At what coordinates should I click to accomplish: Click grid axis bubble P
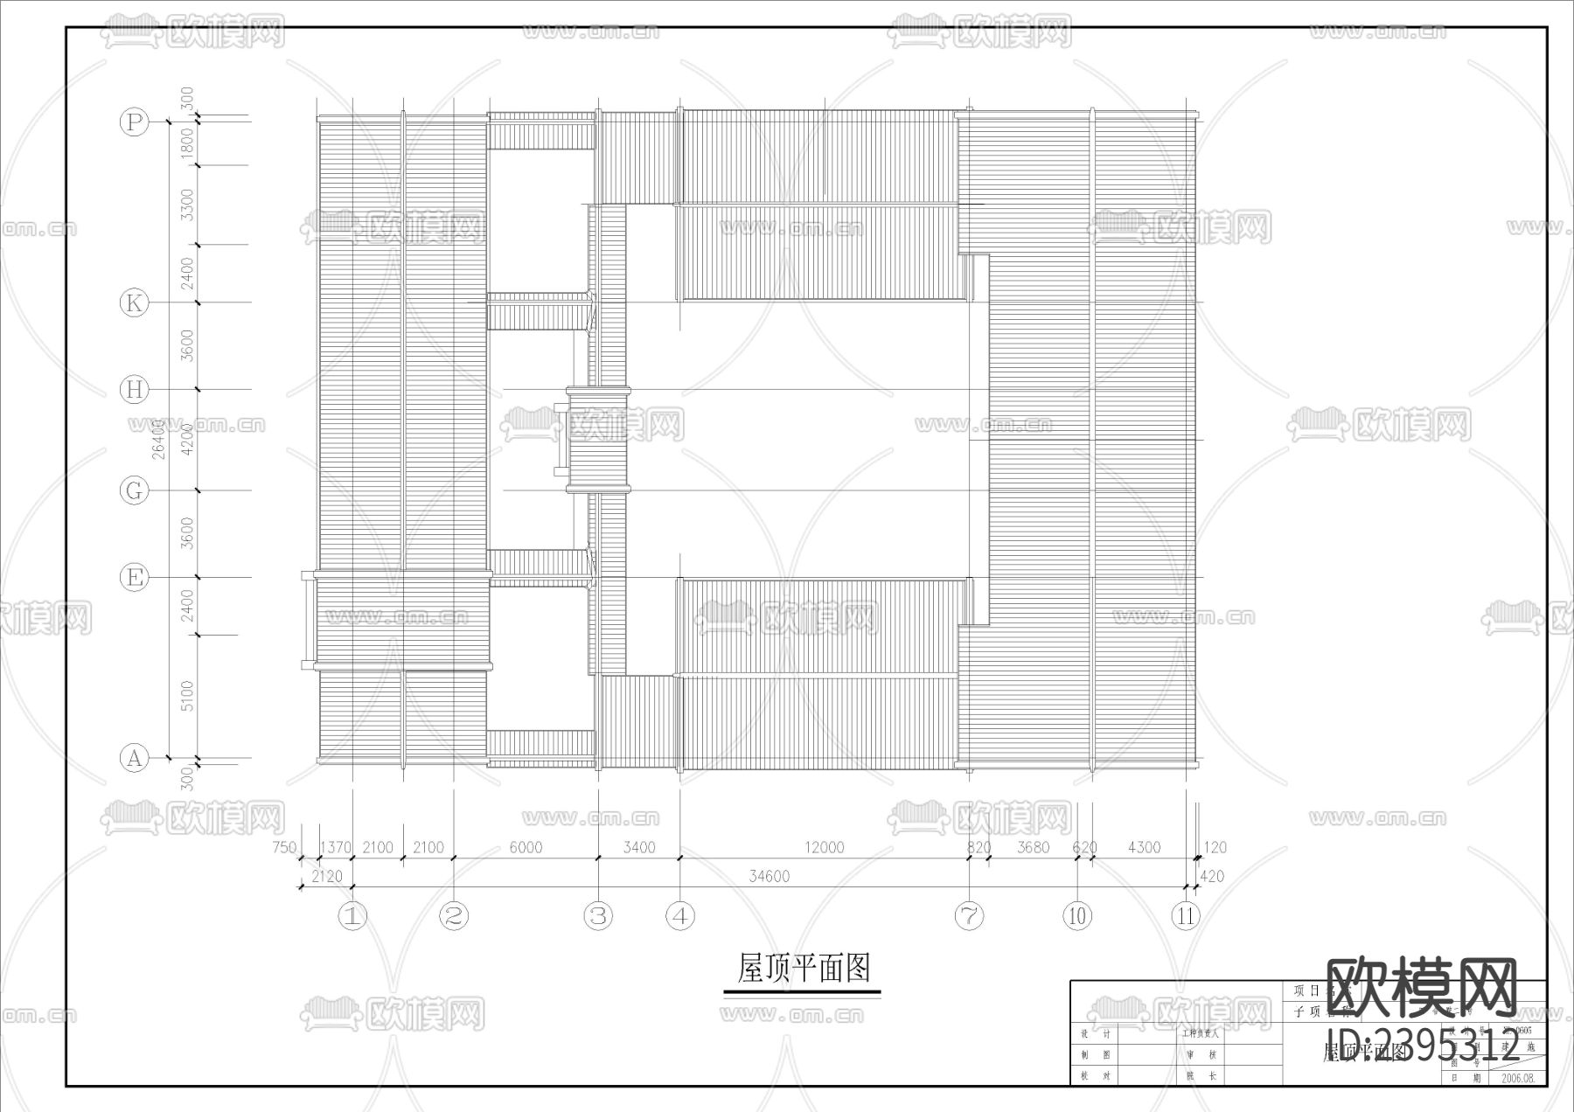pyautogui.click(x=134, y=122)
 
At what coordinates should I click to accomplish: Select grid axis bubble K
pyautogui.click(x=134, y=303)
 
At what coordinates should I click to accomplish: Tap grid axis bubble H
pyautogui.click(x=134, y=390)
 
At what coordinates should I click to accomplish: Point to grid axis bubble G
pyautogui.click(x=134, y=490)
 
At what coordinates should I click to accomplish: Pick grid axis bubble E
pyautogui.click(x=134, y=578)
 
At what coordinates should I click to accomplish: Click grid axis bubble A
pyautogui.click(x=134, y=758)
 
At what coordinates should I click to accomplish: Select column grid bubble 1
pyautogui.click(x=352, y=916)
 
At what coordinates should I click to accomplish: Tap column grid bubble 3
pyautogui.click(x=598, y=916)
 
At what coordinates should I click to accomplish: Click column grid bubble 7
pyautogui.click(x=969, y=916)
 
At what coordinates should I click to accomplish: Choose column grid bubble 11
pyautogui.click(x=1186, y=916)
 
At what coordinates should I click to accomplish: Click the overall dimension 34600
pyautogui.click(x=770, y=876)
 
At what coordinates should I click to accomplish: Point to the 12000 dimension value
pyautogui.click(x=825, y=847)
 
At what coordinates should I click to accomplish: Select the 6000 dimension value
pyautogui.click(x=526, y=847)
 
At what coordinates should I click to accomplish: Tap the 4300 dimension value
pyautogui.click(x=1144, y=847)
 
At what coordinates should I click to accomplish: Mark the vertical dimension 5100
pyautogui.click(x=187, y=697)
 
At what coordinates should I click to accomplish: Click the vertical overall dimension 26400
pyautogui.click(x=158, y=439)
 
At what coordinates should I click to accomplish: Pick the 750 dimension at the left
pyautogui.click(x=284, y=847)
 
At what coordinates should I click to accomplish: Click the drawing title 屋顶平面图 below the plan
pyautogui.click(x=803, y=969)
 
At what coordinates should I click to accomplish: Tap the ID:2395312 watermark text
pyautogui.click(x=1424, y=1046)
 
